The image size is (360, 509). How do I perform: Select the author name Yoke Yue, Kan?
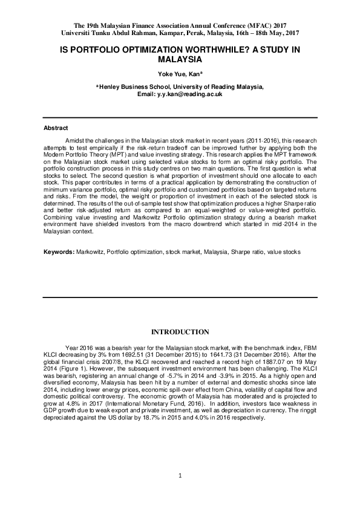click(178, 74)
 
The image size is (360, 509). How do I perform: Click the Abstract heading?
click(55, 129)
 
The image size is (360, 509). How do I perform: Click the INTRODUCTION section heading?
click(180, 332)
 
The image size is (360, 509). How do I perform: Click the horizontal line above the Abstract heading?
click(180, 118)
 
